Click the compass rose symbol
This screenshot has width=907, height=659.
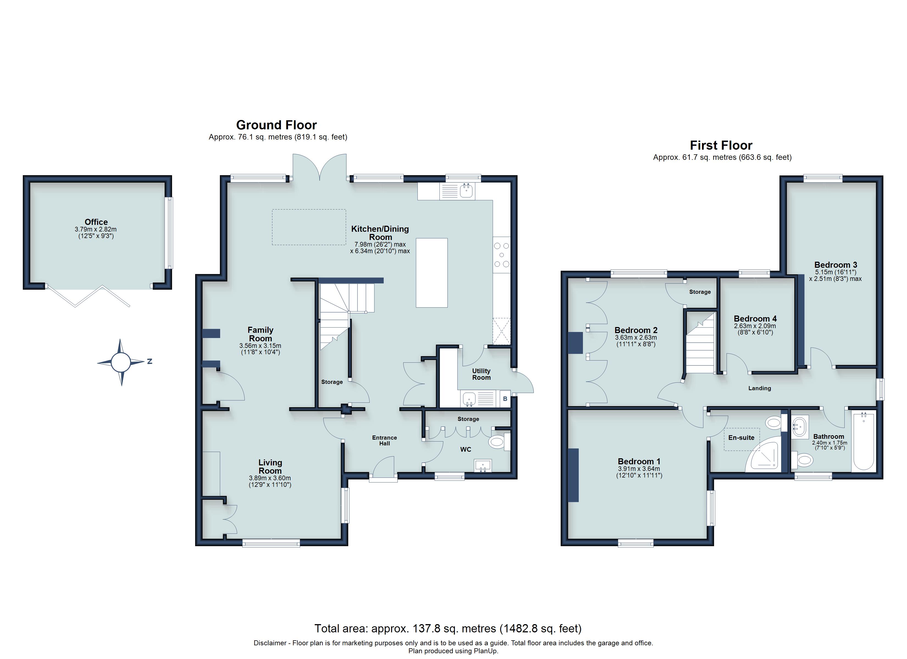[x=121, y=362]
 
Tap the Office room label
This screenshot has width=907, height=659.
[x=96, y=222]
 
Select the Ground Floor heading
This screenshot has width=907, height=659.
[x=276, y=125]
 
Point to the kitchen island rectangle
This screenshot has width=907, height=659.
[x=432, y=273]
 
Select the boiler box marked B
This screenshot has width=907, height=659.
[x=505, y=399]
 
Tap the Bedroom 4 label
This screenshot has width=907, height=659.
[x=755, y=319]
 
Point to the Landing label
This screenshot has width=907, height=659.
[x=759, y=388]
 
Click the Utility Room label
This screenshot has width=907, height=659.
[x=481, y=374]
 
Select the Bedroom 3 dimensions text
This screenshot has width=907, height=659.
[x=836, y=275]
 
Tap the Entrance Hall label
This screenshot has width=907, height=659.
[x=384, y=440]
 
